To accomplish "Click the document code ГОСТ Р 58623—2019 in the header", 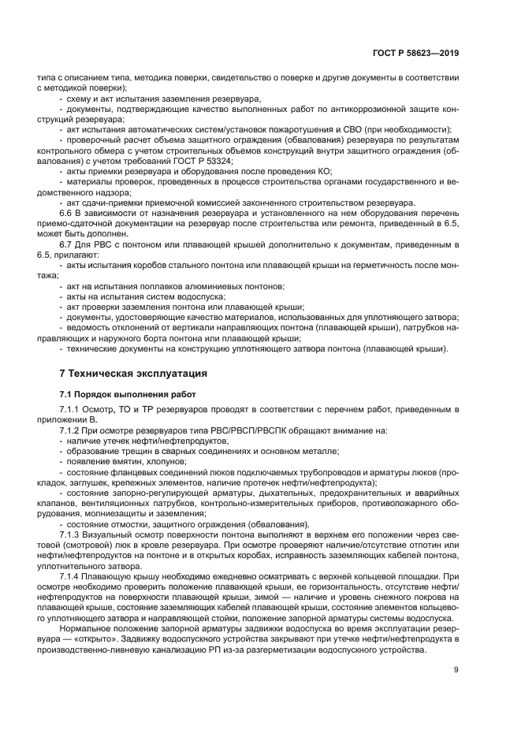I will tap(415, 53).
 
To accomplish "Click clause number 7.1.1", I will tap(71, 410).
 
